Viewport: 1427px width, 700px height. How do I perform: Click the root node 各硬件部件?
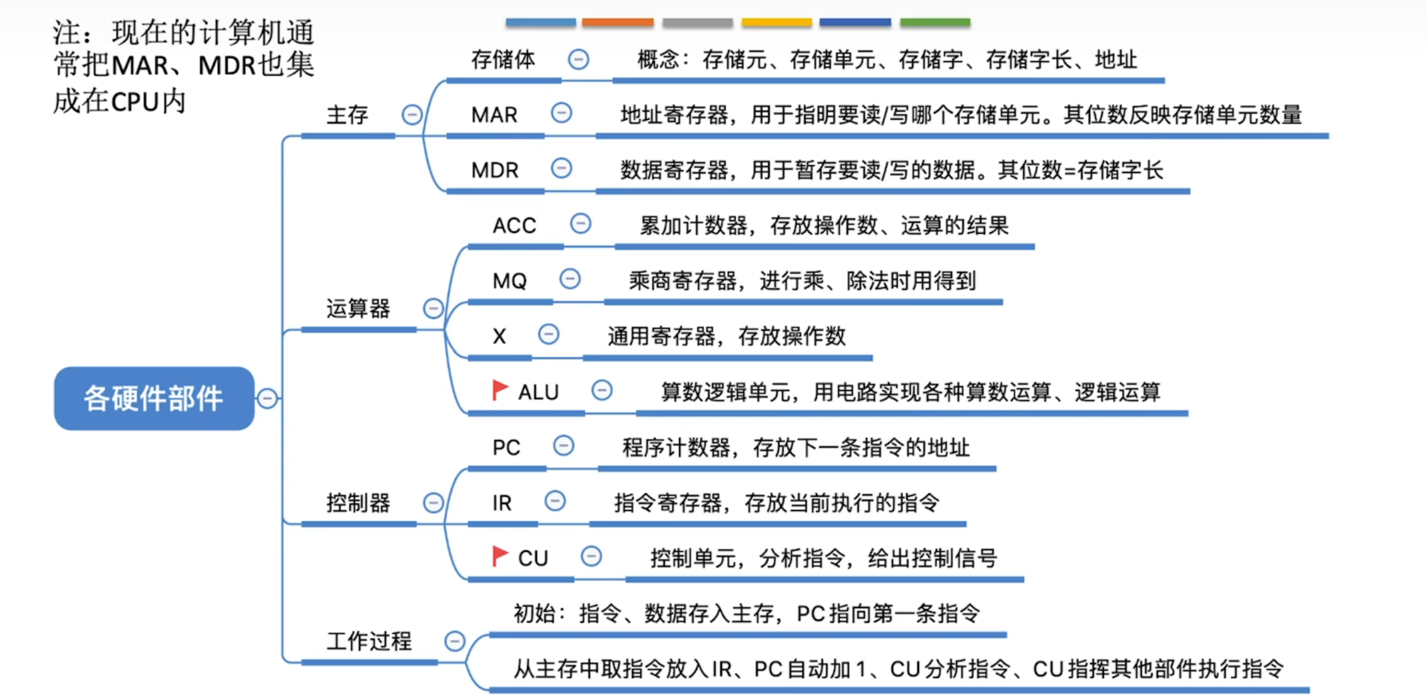click(x=154, y=398)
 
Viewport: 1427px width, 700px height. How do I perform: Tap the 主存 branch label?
click(x=347, y=115)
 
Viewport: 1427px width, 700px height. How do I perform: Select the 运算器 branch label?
click(x=358, y=308)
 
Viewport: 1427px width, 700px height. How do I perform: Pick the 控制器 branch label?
click(x=358, y=503)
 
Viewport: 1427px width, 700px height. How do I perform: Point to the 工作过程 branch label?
click(x=368, y=641)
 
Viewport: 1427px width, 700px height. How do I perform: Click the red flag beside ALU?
click(x=500, y=390)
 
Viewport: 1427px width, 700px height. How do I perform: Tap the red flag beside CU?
click(x=500, y=556)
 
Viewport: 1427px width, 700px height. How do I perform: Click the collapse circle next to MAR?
click(x=561, y=113)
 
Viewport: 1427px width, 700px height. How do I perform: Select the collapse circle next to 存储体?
click(x=578, y=59)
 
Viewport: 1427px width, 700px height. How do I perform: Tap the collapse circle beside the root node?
click(x=268, y=398)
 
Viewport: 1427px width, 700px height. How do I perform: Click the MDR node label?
click(x=495, y=170)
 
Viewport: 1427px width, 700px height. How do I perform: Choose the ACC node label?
click(x=514, y=225)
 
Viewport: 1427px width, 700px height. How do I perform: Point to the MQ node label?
click(x=509, y=281)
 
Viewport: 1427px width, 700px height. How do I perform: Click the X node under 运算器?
click(x=499, y=336)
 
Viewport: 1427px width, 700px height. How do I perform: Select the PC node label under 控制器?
click(x=506, y=448)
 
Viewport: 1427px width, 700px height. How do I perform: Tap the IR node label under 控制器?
click(x=502, y=503)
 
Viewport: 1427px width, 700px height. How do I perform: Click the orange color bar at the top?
click(x=617, y=23)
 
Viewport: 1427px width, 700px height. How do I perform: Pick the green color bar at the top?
click(x=935, y=23)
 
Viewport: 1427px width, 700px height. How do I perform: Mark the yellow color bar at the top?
click(x=776, y=23)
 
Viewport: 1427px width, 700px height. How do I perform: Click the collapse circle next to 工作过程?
click(x=455, y=641)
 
